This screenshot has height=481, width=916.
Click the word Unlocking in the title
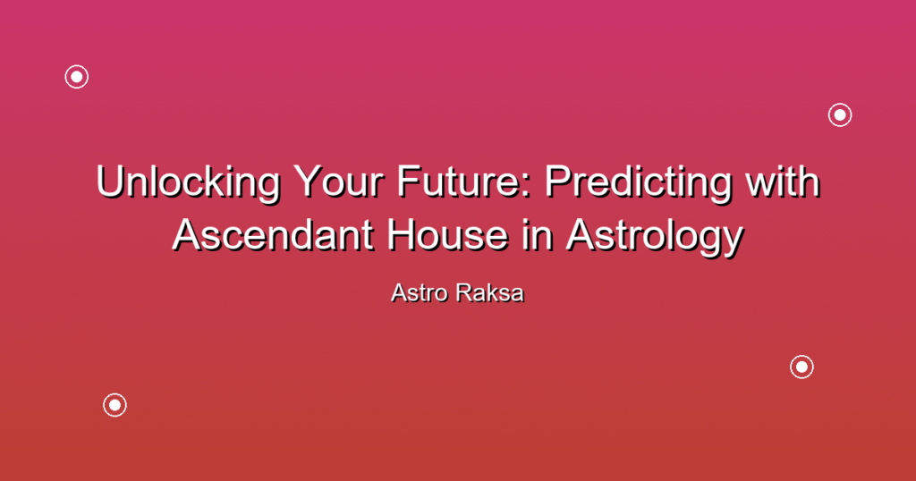point(189,183)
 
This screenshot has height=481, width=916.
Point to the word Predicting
point(638,183)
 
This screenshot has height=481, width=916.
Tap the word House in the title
point(447,234)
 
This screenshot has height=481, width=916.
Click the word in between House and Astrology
point(537,234)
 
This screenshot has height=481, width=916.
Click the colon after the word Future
point(528,187)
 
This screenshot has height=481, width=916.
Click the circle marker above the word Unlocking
point(77,77)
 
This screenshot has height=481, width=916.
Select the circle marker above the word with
point(840,115)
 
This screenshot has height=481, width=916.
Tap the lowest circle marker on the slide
point(115,405)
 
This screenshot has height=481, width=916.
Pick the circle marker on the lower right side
point(802,367)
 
